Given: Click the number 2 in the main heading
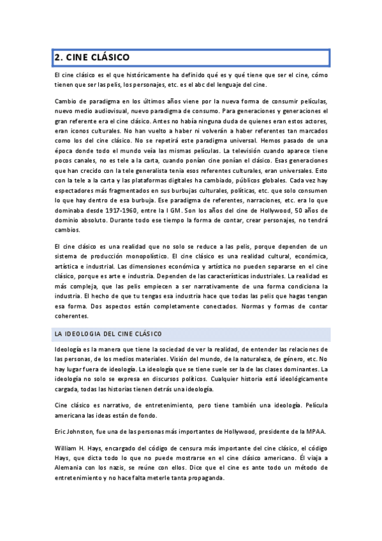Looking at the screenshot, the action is pos(57,57).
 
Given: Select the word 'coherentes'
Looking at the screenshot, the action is pos(71,315).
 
